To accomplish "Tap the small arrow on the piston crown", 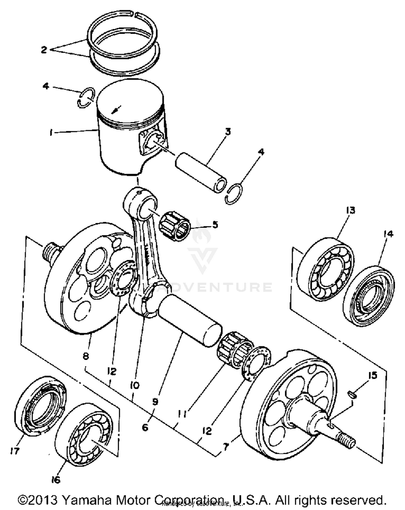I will [116, 110].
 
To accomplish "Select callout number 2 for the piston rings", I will [44, 50].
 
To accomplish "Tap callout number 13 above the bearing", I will [350, 210].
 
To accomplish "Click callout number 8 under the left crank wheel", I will [85, 356].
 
